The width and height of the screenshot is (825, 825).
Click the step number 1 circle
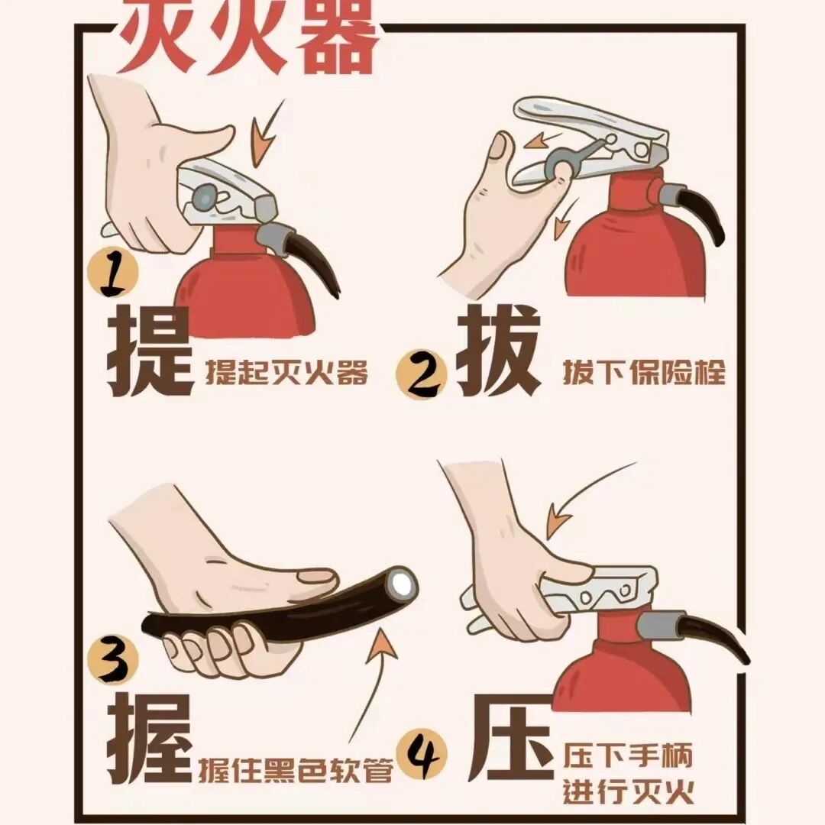click(x=112, y=273)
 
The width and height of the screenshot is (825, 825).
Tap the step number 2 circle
click(x=421, y=374)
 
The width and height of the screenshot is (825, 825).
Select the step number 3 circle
click(x=112, y=659)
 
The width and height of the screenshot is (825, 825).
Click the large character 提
click(x=150, y=351)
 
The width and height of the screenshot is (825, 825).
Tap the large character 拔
click(x=498, y=350)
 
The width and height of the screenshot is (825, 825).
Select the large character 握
click(x=150, y=739)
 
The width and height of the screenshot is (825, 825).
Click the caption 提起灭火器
click(x=286, y=373)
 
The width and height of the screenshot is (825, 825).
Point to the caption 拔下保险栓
click(x=644, y=373)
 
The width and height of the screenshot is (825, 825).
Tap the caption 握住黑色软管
click(x=296, y=770)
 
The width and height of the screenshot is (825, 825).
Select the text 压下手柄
click(x=628, y=755)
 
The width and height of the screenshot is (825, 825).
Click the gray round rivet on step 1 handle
click(x=204, y=197)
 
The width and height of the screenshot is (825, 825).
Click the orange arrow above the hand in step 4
click(x=584, y=497)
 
